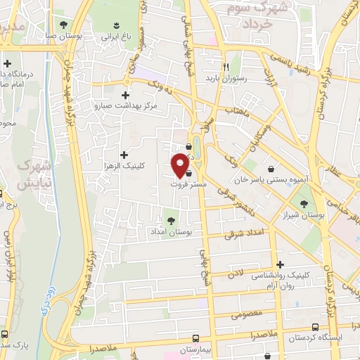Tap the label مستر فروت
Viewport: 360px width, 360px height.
click(x=187, y=184)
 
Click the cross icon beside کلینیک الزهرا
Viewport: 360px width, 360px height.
click(x=124, y=154)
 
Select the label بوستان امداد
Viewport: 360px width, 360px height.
click(x=171, y=231)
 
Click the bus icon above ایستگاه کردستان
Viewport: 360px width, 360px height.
click(x=315, y=326)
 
